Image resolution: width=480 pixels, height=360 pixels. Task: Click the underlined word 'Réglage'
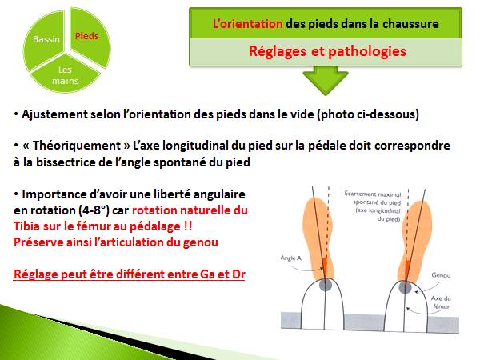tap(39, 274)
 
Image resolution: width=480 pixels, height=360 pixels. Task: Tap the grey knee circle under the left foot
tap(325, 284)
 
